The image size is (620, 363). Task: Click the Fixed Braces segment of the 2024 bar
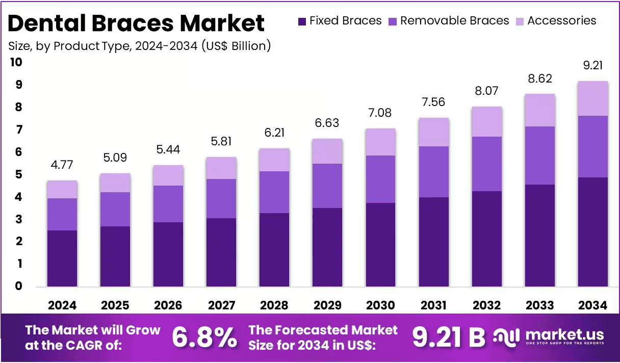click(62, 258)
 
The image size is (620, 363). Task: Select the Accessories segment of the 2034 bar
click(593, 98)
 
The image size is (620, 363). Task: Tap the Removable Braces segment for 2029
click(327, 186)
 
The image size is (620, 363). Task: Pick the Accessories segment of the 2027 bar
click(221, 168)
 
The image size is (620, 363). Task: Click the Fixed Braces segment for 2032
click(487, 239)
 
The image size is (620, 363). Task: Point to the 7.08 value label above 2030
click(380, 113)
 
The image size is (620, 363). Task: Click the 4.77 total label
click(62, 165)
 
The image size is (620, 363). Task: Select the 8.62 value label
click(540, 79)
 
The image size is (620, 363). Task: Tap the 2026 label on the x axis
click(168, 305)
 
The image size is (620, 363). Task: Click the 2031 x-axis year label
click(433, 305)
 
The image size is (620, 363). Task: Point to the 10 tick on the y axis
click(16, 62)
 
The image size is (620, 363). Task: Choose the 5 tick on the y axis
click(18, 174)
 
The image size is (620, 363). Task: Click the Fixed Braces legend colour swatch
click(302, 21)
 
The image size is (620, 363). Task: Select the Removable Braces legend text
click(455, 21)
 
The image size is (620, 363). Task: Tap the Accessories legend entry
click(556, 21)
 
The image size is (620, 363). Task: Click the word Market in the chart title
click(222, 23)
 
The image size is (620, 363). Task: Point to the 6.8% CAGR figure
click(204, 338)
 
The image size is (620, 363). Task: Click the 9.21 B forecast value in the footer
click(449, 338)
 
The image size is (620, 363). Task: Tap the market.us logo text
click(564, 335)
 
